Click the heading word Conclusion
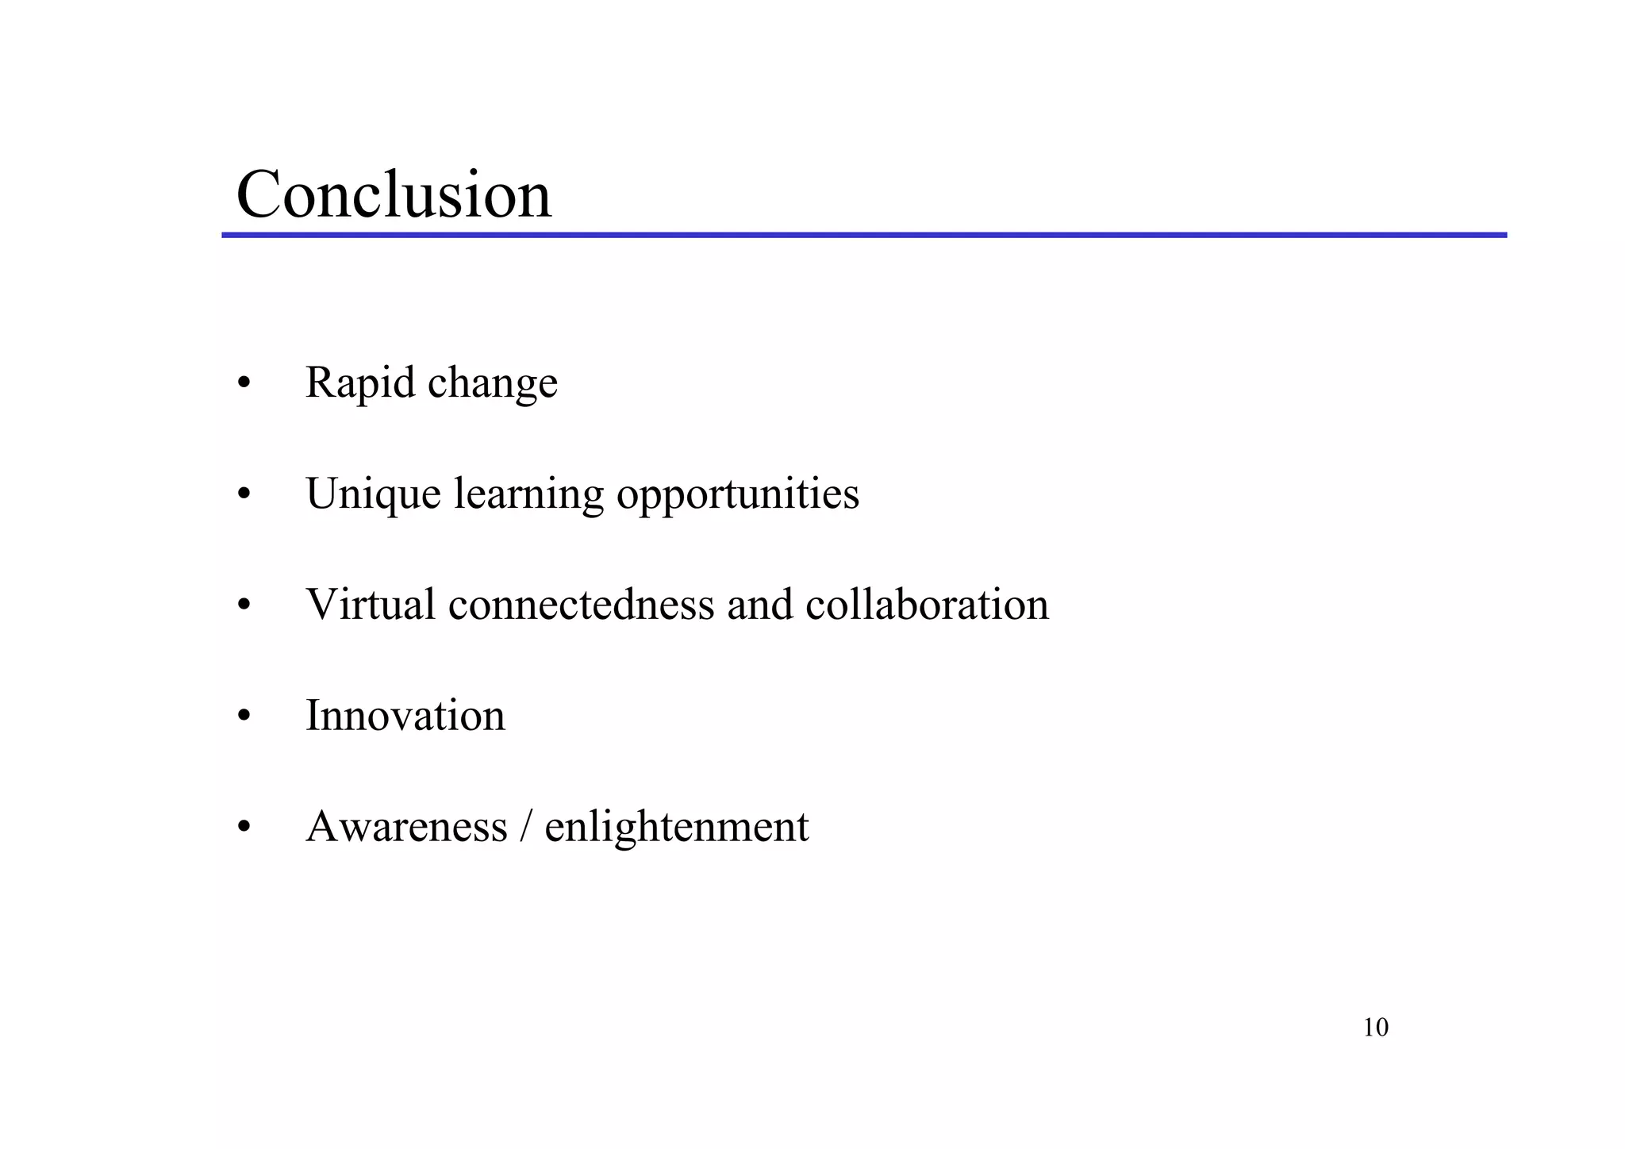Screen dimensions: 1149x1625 [394, 194]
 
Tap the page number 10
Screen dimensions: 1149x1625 [1375, 1028]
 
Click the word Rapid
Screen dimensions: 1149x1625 [360, 383]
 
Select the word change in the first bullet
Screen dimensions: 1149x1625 [492, 383]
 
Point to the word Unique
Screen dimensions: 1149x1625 [373, 494]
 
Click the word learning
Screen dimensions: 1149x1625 [528, 494]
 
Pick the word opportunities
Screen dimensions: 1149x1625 [737, 494]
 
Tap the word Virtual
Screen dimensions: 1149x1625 [371, 605]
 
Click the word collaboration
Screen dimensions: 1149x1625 [927, 605]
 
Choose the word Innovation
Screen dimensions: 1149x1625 [405, 716]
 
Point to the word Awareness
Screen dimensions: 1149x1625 [406, 827]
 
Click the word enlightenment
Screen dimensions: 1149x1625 [676, 827]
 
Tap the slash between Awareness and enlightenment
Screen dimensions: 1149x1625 [525, 827]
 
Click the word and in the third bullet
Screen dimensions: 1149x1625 [759, 605]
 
